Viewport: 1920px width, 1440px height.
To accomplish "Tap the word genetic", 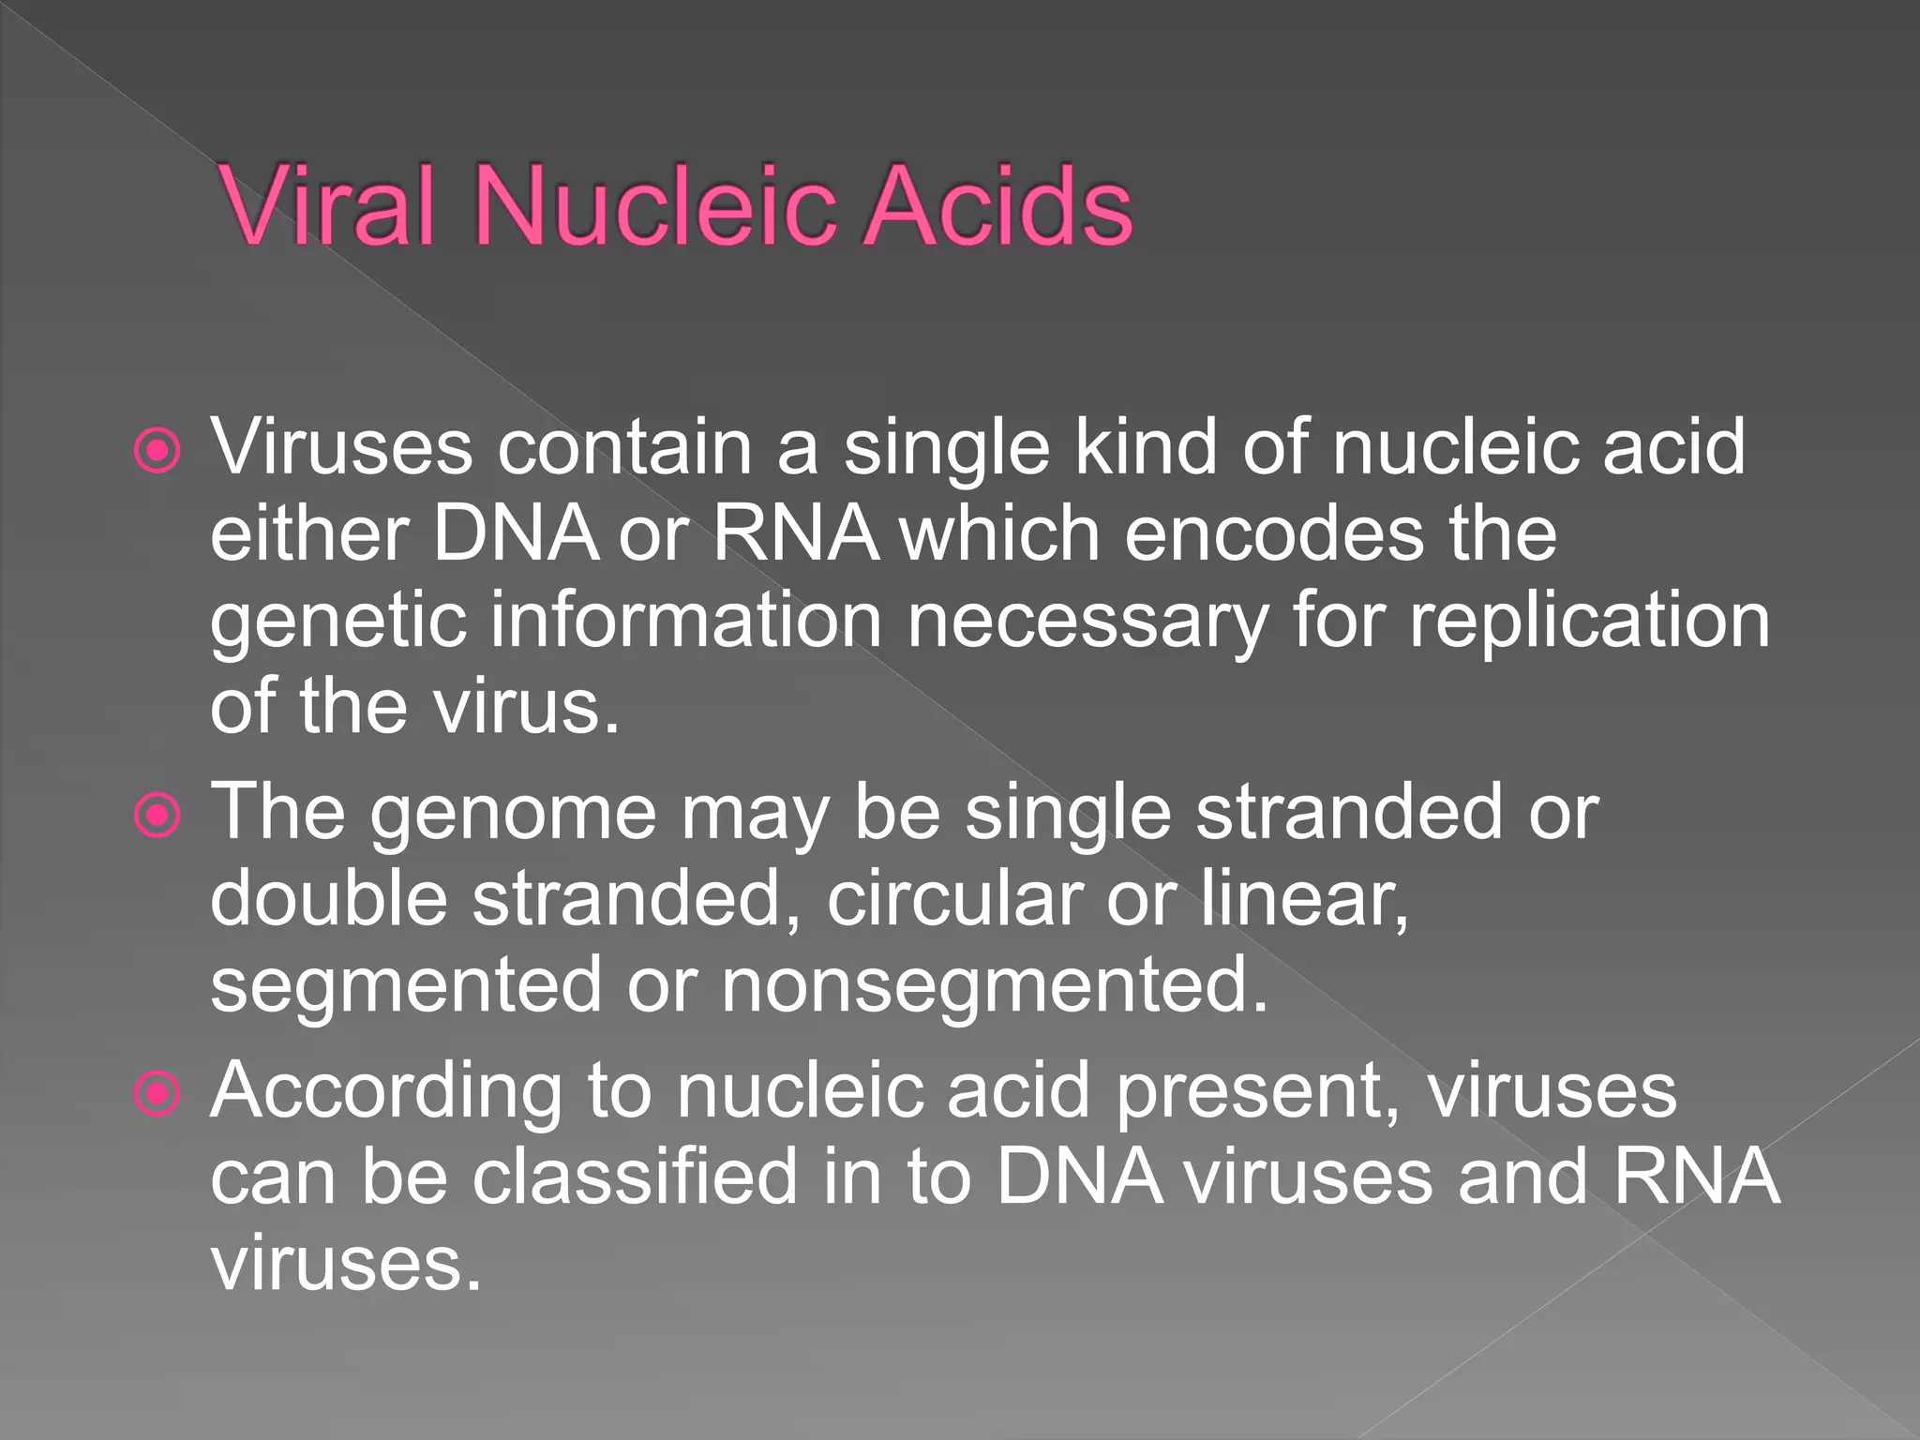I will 337,622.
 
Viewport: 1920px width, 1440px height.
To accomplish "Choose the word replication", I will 1590,622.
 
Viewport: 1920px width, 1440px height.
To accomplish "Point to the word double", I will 329,898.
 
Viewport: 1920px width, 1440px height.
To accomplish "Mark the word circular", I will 954,898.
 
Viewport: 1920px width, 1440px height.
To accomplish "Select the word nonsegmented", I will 994,986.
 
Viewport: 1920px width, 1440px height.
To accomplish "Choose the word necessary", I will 1087,622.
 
